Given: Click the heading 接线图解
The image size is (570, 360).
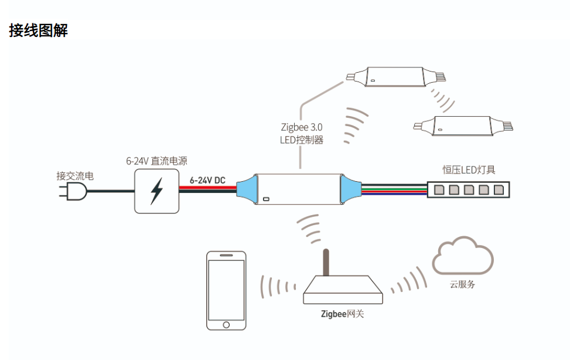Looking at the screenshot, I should click(39, 30).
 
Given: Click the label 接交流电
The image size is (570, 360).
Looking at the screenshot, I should click(75, 175).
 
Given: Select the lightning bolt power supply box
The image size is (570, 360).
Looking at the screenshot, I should click(156, 191).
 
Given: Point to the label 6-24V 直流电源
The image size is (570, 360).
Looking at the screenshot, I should click(156, 161).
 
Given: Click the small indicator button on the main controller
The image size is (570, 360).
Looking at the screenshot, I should click(266, 199).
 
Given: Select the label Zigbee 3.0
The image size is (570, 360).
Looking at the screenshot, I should click(301, 127).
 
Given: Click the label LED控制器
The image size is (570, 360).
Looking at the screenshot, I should click(301, 140).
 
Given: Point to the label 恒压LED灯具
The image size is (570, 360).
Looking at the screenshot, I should click(469, 170).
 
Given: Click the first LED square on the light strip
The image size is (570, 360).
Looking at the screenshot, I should click(438, 189).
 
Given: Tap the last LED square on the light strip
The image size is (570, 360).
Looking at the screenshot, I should click(499, 189).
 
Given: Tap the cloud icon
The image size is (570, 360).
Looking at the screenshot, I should click(462, 256).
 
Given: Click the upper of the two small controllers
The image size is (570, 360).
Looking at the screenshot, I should click(394, 77).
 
